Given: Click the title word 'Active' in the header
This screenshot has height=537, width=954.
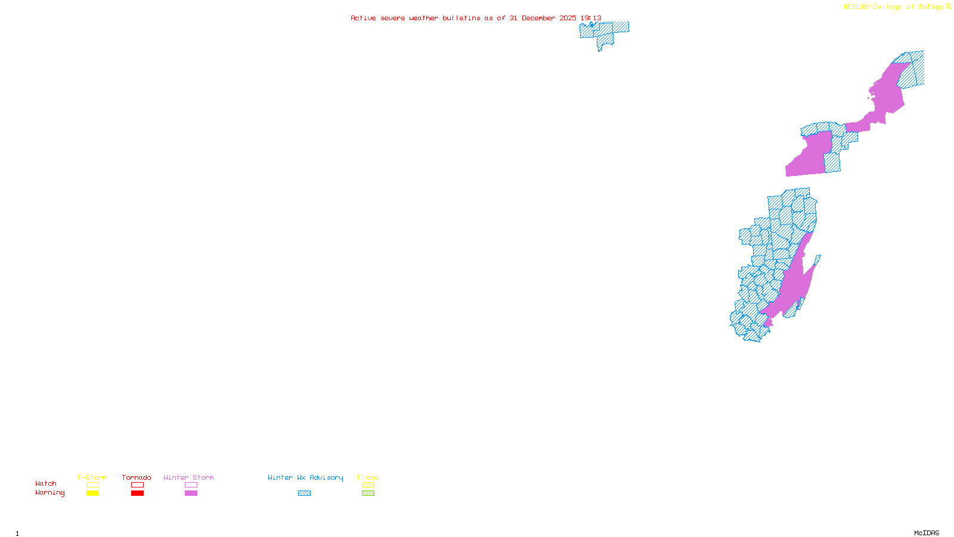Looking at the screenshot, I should [x=363, y=18].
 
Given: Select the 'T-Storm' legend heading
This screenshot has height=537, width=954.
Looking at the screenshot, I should [x=92, y=477].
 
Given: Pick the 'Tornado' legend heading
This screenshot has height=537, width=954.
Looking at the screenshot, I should [x=137, y=477].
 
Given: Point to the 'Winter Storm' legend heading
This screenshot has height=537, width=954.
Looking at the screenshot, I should [x=188, y=477].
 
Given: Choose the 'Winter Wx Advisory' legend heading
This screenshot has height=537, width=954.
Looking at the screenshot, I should [x=305, y=477].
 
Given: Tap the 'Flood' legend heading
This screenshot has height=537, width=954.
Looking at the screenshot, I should [x=368, y=477].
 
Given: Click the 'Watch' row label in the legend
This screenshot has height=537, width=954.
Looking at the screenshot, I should [x=46, y=483].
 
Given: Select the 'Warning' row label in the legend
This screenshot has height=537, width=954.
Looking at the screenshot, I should [x=49, y=493].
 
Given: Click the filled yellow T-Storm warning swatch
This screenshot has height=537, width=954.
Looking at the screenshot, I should [x=92, y=493].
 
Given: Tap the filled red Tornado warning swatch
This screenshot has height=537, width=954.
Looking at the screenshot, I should [x=137, y=493].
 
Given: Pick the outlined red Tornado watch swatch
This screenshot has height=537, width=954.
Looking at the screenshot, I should [x=137, y=485].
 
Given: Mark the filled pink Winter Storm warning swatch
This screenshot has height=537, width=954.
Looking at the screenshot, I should [x=191, y=493].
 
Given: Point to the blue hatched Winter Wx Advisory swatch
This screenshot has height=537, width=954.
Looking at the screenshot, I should [x=304, y=493].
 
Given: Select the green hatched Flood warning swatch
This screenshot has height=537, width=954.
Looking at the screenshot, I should [x=368, y=493].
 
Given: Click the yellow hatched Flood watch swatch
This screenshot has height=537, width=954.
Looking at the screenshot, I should [x=368, y=485].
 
